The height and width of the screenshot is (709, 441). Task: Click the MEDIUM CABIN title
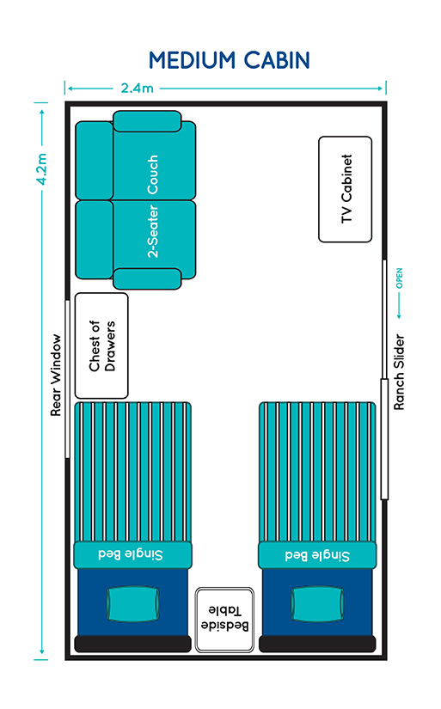(230, 60)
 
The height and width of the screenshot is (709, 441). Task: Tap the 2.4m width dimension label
(137, 88)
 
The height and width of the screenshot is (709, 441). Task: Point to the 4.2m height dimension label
(41, 168)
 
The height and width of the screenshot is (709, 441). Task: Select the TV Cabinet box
(345, 189)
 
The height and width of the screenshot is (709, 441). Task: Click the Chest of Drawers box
(101, 346)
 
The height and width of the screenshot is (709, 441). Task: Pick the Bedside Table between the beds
(224, 620)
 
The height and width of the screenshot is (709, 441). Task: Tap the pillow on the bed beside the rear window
(133, 604)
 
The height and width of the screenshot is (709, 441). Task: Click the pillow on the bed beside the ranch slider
(317, 604)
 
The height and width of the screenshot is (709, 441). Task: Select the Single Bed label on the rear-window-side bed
(131, 554)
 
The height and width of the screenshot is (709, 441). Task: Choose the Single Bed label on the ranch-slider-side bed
(317, 555)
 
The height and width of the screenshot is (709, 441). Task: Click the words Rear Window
(55, 376)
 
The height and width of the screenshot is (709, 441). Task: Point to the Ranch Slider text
(399, 372)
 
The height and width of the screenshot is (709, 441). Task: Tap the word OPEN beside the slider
(399, 278)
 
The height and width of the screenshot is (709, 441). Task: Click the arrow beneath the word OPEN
(399, 306)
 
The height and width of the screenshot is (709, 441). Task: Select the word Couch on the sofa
(152, 175)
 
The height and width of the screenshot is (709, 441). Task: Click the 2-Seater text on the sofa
(153, 231)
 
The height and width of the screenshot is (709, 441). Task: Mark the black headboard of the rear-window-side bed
(133, 644)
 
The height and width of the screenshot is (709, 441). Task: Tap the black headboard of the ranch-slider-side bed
(317, 644)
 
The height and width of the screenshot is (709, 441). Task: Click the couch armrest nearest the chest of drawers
(147, 278)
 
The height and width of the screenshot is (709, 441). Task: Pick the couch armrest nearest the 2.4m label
(147, 121)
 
